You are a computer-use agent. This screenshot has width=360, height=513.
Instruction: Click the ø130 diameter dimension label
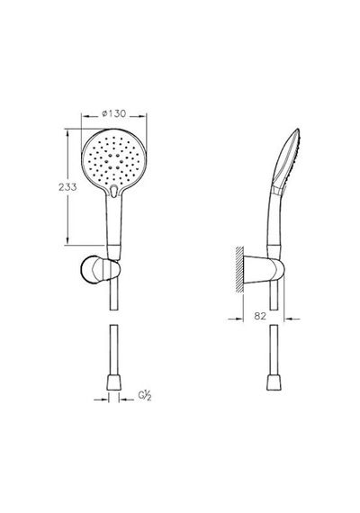point(114,113)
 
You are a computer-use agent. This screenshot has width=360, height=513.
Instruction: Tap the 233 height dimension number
point(67,187)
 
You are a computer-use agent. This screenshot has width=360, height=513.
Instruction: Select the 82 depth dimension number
point(260,316)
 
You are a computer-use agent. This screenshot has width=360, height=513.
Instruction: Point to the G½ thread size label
point(144,395)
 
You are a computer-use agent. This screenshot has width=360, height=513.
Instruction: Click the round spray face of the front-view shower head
point(114,161)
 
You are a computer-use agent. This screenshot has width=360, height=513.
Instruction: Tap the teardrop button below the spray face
point(113,191)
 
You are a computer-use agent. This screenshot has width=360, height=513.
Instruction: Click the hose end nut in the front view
point(114,382)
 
